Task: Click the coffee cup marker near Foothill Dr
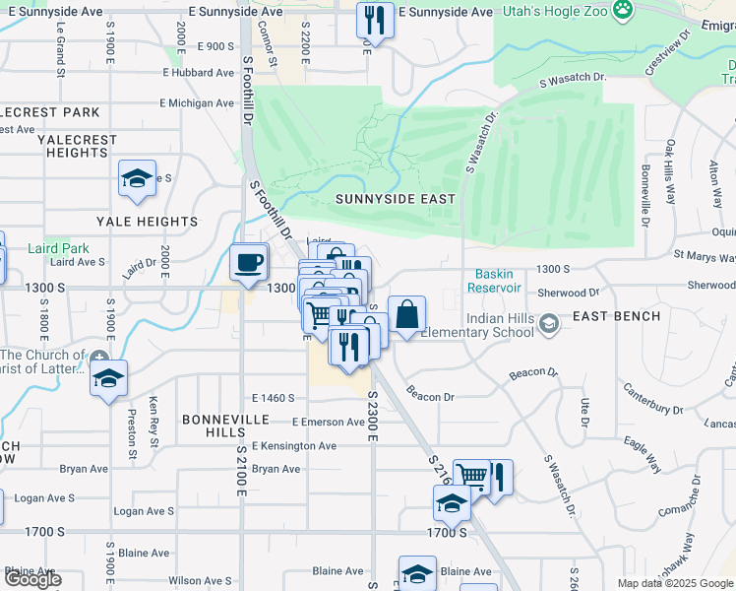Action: tap(248, 262)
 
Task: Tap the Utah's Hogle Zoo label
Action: tap(558, 11)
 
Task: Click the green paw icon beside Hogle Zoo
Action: tap(622, 11)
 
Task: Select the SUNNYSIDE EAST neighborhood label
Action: tap(395, 199)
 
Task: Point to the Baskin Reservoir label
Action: tap(498, 281)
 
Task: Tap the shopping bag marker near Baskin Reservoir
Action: tap(406, 315)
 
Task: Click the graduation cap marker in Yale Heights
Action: tap(137, 178)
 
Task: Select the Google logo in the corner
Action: tap(31, 579)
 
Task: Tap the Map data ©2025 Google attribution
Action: tap(675, 583)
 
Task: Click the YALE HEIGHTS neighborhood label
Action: tap(147, 223)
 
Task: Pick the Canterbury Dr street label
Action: tap(651, 408)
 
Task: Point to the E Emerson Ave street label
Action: tap(321, 423)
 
